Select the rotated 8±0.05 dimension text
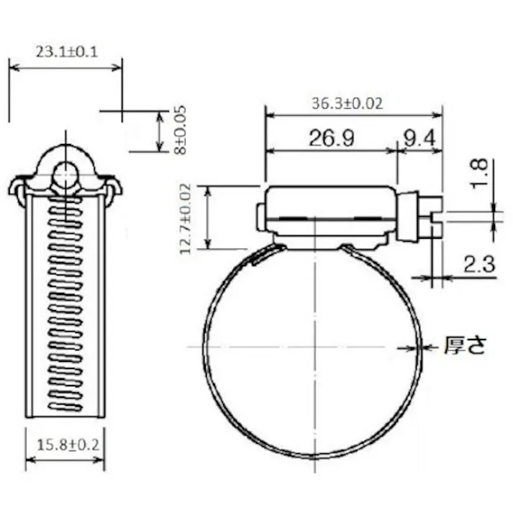(x=180, y=130)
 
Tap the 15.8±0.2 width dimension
(x=65, y=445)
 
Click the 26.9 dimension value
(x=331, y=139)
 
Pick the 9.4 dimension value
(x=419, y=139)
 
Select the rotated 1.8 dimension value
(x=480, y=174)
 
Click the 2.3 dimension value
(x=479, y=265)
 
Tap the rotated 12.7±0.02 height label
(x=186, y=218)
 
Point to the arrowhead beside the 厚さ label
(x=430, y=348)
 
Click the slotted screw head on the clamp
(x=429, y=218)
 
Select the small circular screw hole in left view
(x=65, y=174)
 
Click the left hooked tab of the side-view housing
(x=17, y=189)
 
